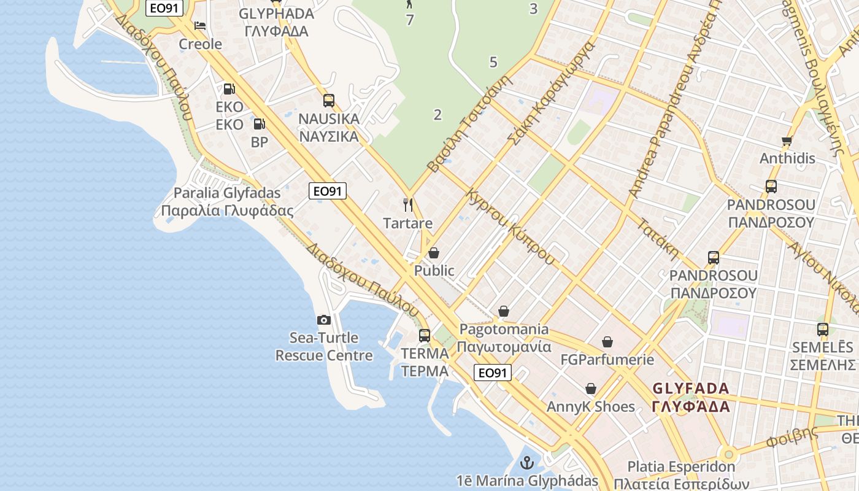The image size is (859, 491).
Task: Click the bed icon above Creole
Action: [200, 26]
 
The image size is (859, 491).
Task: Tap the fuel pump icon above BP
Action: [260, 124]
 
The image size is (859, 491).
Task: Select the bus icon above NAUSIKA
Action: [329, 100]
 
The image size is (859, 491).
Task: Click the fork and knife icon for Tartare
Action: [407, 204]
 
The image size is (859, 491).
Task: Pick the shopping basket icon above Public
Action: [434, 253]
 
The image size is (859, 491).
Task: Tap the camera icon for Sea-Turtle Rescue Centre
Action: [323, 320]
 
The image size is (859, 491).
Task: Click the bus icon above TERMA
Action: [425, 336]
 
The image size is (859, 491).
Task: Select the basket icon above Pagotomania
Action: [504, 312]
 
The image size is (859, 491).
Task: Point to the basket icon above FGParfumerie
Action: [607, 342]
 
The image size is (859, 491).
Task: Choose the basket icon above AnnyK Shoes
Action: [591, 389]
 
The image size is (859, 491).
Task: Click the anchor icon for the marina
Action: [526, 463]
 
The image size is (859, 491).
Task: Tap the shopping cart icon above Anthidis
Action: [787, 141]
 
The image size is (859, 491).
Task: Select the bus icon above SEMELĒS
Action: [823, 330]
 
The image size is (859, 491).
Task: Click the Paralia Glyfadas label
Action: [227, 193]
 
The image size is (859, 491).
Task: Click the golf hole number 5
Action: [493, 62]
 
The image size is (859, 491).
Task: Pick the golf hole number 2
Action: [437, 115]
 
